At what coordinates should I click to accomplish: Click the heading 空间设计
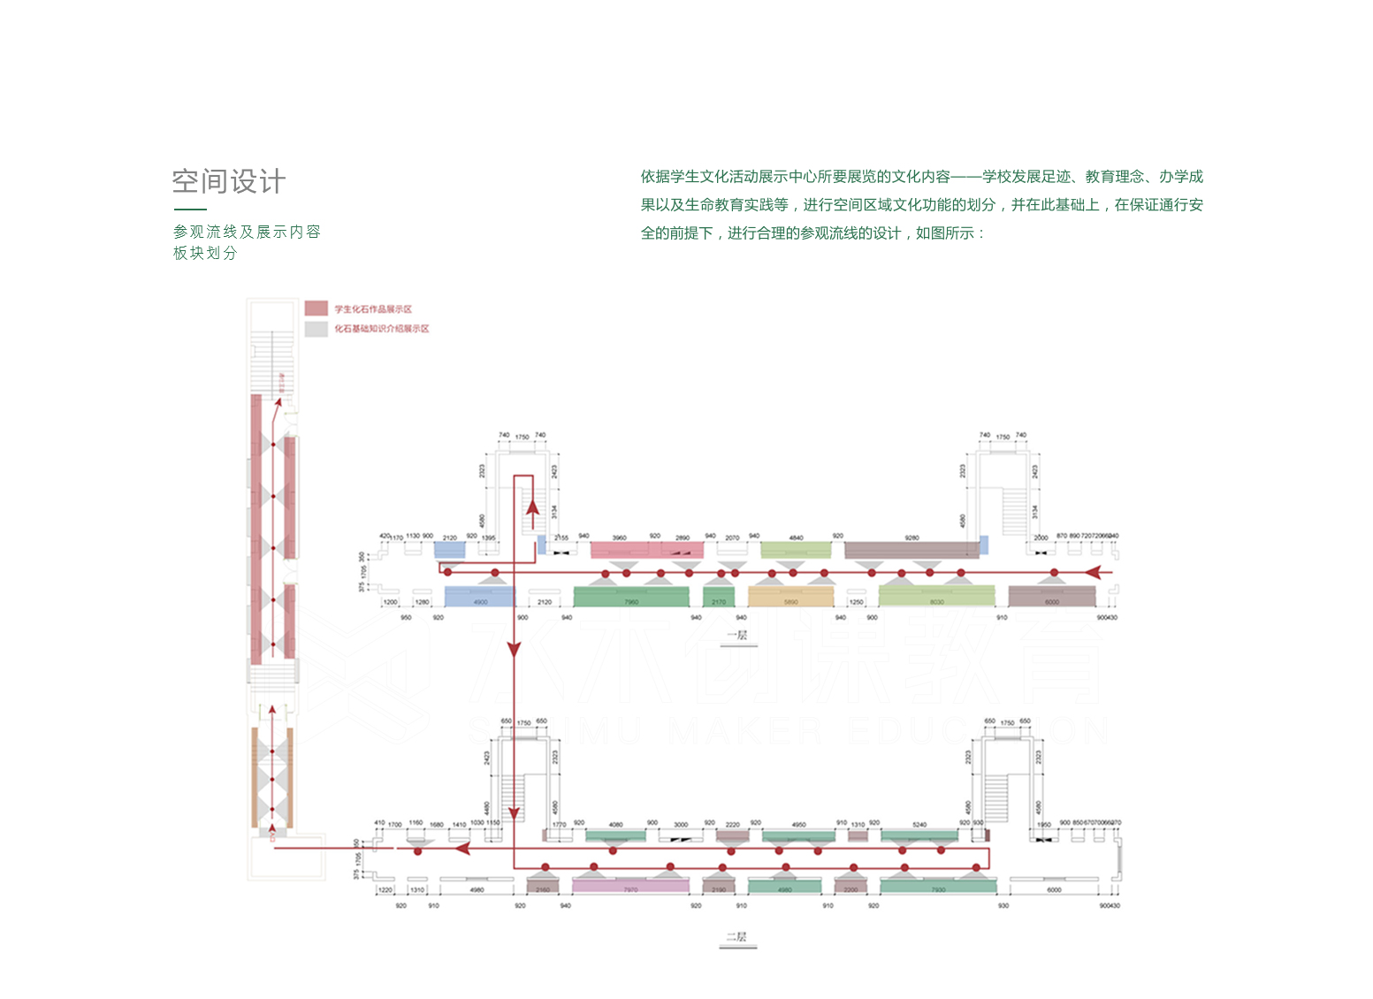coord(229,181)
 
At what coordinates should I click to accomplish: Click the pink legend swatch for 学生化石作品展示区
coord(316,309)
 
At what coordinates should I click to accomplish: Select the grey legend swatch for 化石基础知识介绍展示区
coord(316,329)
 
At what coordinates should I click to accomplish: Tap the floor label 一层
coord(737,636)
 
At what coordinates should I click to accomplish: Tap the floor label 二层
coord(737,937)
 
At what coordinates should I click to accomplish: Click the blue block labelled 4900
coord(479,597)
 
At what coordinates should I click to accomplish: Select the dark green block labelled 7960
coord(630,597)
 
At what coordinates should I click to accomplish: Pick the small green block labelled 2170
coord(719,597)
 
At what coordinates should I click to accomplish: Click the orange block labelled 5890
coord(791,597)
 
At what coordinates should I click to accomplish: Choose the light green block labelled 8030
coord(936,597)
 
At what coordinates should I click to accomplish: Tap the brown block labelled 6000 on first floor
coord(1052,597)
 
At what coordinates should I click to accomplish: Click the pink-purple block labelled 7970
coord(630,886)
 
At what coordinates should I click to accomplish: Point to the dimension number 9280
coord(912,538)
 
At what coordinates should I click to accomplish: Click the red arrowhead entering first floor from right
coord(1094,572)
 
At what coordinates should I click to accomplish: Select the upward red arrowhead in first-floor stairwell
coord(532,507)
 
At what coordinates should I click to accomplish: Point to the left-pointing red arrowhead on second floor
coord(461,849)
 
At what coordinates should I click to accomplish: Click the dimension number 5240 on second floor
coord(919,825)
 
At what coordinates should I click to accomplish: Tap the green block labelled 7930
coord(938,886)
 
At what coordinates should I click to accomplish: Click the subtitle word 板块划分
coord(205,253)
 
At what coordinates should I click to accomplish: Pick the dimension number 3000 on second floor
coord(681,825)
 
